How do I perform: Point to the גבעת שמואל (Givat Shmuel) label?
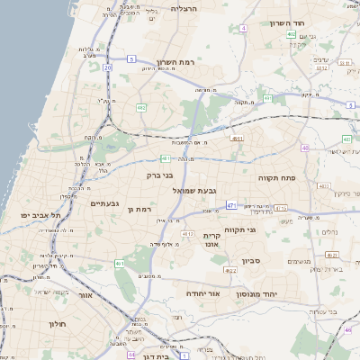click(193, 191)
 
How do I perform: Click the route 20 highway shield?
click(108, 67)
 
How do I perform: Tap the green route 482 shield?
click(141, 107)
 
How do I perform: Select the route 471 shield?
click(231, 206)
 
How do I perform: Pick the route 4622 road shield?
click(230, 269)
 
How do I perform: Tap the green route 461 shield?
click(120, 264)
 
